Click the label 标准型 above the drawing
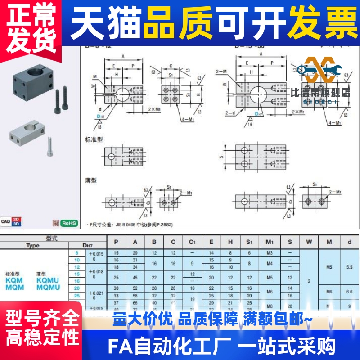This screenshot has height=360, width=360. click(94, 139)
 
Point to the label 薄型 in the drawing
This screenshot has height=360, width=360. click(91, 180)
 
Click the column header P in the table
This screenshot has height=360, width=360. click(116, 242)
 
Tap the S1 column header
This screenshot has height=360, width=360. click(249, 242)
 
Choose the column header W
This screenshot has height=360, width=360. click(309, 242)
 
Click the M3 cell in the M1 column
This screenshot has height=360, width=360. click(270, 253)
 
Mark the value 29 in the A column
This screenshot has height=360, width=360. click(135, 253)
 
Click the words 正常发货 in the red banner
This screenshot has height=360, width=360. click(28, 22)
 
